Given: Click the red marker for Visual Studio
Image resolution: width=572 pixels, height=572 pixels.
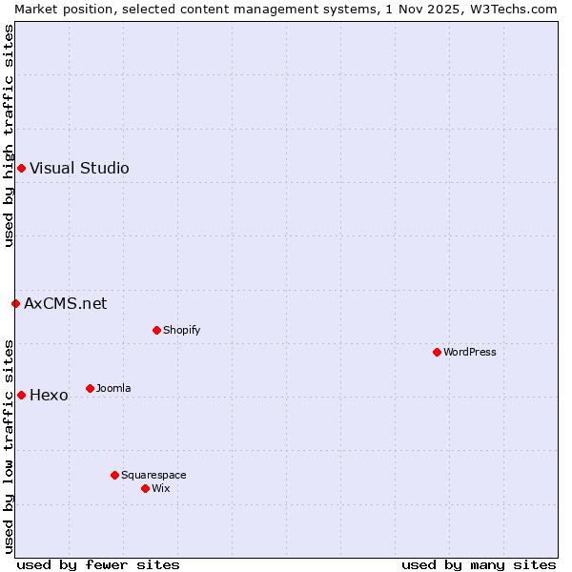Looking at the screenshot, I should pyautogui.click(x=21, y=169).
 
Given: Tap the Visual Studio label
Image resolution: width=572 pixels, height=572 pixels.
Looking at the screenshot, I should pyautogui.click(x=79, y=169).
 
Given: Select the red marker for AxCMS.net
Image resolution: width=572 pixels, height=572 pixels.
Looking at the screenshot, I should pyautogui.click(x=15, y=304).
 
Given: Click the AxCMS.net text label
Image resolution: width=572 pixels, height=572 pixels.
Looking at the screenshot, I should pyautogui.click(x=65, y=304).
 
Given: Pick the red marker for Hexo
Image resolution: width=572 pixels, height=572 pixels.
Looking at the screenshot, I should pyautogui.click(x=21, y=395).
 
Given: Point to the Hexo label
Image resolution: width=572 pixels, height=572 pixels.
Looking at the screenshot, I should pyautogui.click(x=49, y=396).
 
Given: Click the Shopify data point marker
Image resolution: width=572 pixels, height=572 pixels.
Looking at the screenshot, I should pyautogui.click(x=156, y=331).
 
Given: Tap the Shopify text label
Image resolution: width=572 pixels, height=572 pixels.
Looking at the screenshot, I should pyautogui.click(x=181, y=331).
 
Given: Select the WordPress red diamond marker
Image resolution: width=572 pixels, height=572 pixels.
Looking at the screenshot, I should pyautogui.click(x=437, y=353).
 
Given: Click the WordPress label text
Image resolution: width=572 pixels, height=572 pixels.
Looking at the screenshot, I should pyautogui.click(x=469, y=353).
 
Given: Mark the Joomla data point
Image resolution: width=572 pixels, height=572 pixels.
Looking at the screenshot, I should pyautogui.click(x=90, y=388).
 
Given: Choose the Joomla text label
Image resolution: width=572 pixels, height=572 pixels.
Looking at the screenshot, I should pyautogui.click(x=113, y=389).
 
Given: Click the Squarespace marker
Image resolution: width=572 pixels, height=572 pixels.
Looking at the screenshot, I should pyautogui.click(x=114, y=475).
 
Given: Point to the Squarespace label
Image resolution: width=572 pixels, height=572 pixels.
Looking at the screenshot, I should pyautogui.click(x=153, y=476).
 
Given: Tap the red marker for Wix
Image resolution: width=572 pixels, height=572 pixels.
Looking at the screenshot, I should pyautogui.click(x=145, y=488).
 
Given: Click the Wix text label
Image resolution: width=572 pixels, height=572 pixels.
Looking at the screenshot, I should pyautogui.click(x=161, y=489).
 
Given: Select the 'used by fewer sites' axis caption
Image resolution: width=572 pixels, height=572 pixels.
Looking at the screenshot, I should pyautogui.click(x=98, y=564).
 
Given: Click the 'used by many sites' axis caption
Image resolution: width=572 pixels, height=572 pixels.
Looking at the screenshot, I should pyautogui.click(x=479, y=564).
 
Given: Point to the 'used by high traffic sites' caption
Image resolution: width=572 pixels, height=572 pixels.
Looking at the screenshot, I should pyautogui.click(x=9, y=135).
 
